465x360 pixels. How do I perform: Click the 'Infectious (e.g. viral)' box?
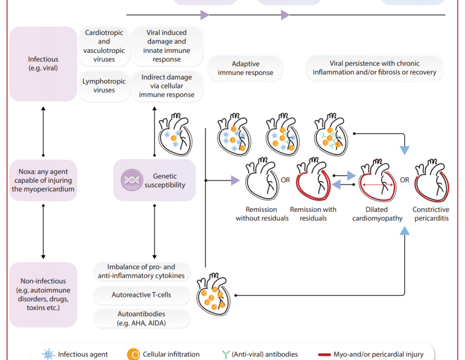pos(43,64)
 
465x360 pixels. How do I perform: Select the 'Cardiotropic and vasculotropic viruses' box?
pos(104,46)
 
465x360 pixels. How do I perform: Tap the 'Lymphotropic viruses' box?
pos(104,86)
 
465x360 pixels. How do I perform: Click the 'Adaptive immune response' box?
pos(245,68)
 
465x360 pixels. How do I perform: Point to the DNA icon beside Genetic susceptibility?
pos(132,180)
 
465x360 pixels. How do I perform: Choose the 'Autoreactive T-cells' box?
pos(141,295)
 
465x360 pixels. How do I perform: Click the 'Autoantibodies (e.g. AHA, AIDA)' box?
pos(141,318)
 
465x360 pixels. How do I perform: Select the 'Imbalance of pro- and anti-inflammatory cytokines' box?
pos(141,271)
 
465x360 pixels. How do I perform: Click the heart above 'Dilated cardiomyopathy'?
pos(376,180)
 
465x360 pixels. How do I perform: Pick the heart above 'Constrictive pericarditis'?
pos(432,180)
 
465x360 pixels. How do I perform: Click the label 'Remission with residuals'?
pos(313,214)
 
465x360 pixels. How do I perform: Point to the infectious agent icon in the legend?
pos(48,354)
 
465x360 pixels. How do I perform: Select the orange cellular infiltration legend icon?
pos(133,354)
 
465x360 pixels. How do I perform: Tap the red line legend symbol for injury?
pos(324,354)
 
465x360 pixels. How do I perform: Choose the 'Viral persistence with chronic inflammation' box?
pos(375,68)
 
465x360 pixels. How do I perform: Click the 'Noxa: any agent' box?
pos(43,180)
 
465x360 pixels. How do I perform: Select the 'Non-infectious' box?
pos(43,295)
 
